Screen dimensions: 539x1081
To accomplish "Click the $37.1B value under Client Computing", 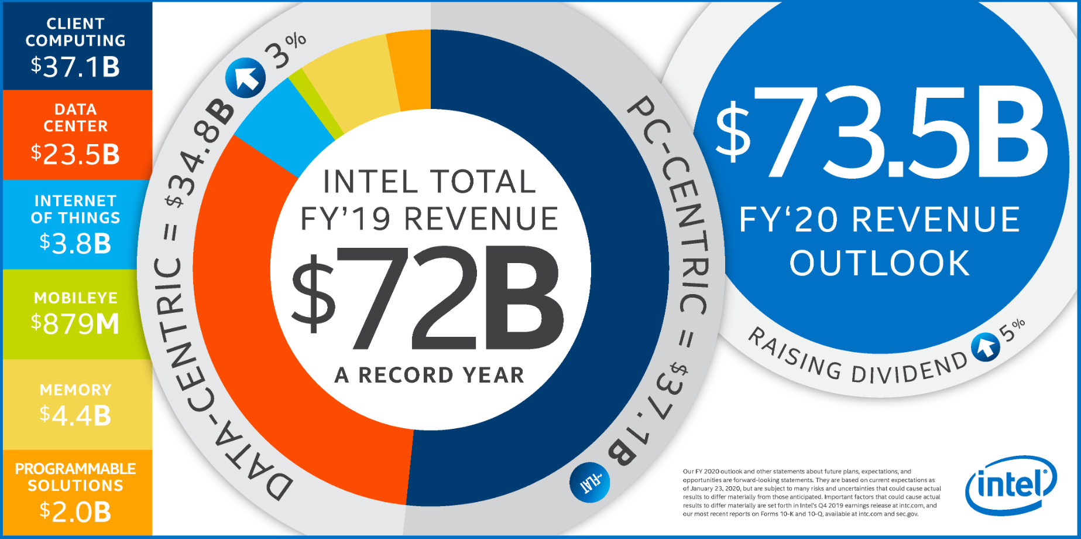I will click(x=76, y=67).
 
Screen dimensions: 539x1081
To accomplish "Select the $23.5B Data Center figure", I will click(x=76, y=155).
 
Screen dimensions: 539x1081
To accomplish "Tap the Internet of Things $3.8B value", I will click(x=76, y=244).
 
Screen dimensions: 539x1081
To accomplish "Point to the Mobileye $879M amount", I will click(x=76, y=323).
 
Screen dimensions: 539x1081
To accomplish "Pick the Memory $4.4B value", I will click(x=76, y=416).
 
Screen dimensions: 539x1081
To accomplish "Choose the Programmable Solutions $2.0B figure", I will click(x=76, y=512).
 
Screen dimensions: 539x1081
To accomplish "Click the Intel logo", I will click(x=1011, y=485).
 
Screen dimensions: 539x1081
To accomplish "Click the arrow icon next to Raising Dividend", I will click(x=986, y=347).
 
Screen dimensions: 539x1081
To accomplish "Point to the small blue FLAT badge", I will click(x=590, y=482).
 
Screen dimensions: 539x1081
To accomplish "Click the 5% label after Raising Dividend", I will click(x=1013, y=330).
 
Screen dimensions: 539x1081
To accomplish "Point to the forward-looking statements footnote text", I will click(x=811, y=493).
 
